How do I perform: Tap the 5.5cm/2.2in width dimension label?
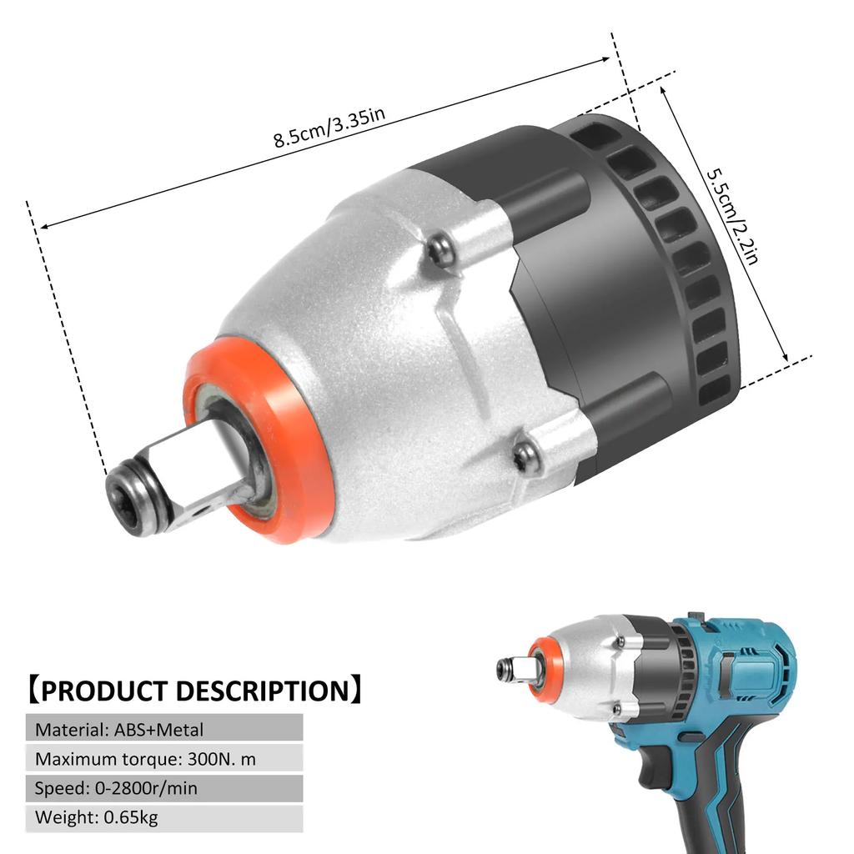(x=733, y=215)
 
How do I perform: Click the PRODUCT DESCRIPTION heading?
(x=193, y=691)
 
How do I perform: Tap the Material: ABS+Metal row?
(x=163, y=730)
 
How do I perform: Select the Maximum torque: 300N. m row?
(x=163, y=759)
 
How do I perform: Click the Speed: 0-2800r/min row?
(x=163, y=788)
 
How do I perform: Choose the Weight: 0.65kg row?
(x=163, y=817)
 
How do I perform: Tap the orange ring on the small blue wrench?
(x=544, y=670)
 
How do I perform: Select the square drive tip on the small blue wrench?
(x=508, y=669)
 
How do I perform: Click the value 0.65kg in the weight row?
(x=131, y=817)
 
